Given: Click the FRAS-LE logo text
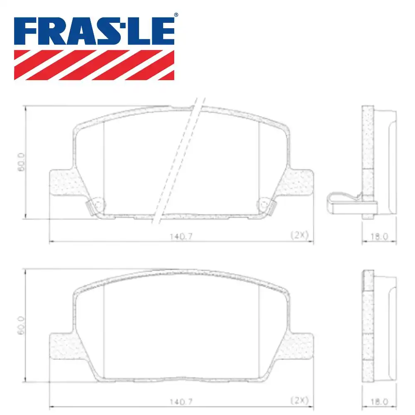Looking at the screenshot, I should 94,31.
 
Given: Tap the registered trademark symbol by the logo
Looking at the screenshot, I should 176,15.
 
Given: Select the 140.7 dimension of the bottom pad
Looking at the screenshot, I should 181,402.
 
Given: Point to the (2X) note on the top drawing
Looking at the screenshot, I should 299,235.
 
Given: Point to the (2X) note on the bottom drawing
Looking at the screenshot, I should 299,400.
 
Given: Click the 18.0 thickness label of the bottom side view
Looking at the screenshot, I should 379,402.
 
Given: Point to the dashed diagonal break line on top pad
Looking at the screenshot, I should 178,162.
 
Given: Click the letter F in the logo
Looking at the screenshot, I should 26,31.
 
